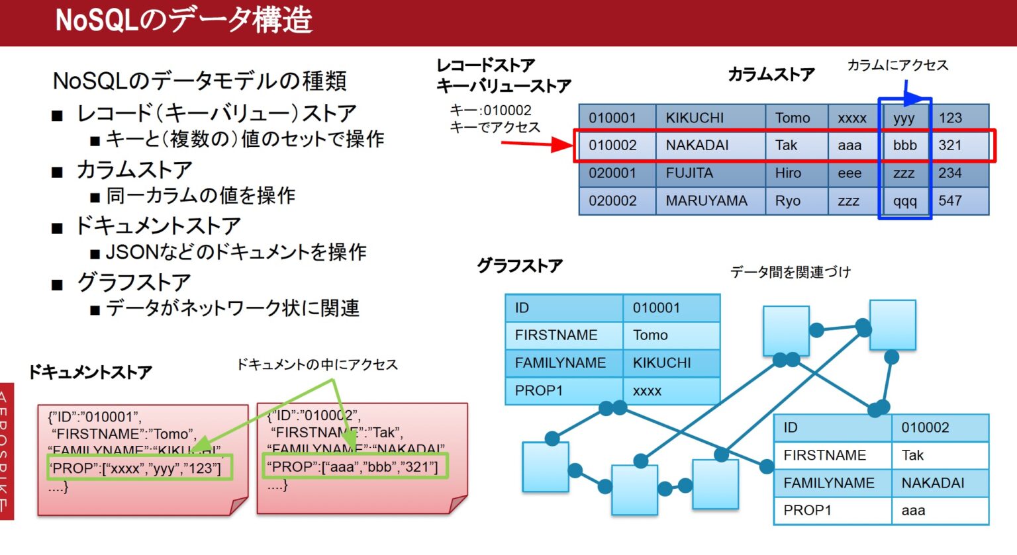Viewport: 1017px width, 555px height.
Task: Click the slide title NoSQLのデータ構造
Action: click(x=183, y=20)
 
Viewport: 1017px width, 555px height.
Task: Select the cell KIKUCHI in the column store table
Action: click(x=695, y=118)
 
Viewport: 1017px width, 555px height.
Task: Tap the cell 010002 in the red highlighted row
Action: click(x=612, y=146)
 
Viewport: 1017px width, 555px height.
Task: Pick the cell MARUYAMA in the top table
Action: click(x=706, y=201)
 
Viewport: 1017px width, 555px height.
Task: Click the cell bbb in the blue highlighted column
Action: click(x=904, y=146)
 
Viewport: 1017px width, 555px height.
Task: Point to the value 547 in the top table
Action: click(x=949, y=201)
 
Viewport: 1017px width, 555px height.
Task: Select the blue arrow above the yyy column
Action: click(x=917, y=98)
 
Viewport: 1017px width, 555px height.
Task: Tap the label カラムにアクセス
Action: click(x=897, y=65)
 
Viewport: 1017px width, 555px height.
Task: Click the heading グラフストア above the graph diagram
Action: click(x=520, y=266)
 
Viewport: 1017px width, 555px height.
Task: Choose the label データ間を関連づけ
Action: click(x=790, y=272)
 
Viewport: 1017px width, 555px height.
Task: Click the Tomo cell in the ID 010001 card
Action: click(x=650, y=335)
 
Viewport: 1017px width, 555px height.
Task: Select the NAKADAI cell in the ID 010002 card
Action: click(x=932, y=483)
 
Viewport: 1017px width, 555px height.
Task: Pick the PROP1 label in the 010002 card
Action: click(x=807, y=511)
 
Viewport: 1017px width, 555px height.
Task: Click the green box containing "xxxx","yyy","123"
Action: click(x=140, y=468)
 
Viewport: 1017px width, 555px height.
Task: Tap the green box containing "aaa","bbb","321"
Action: click(x=355, y=466)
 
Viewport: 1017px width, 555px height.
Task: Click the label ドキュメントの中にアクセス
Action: click(x=317, y=364)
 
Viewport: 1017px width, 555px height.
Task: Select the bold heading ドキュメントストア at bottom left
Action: click(x=90, y=372)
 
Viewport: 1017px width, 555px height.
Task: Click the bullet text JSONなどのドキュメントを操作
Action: click(x=236, y=252)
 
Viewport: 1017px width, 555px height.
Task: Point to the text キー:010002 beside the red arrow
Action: click(x=491, y=110)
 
